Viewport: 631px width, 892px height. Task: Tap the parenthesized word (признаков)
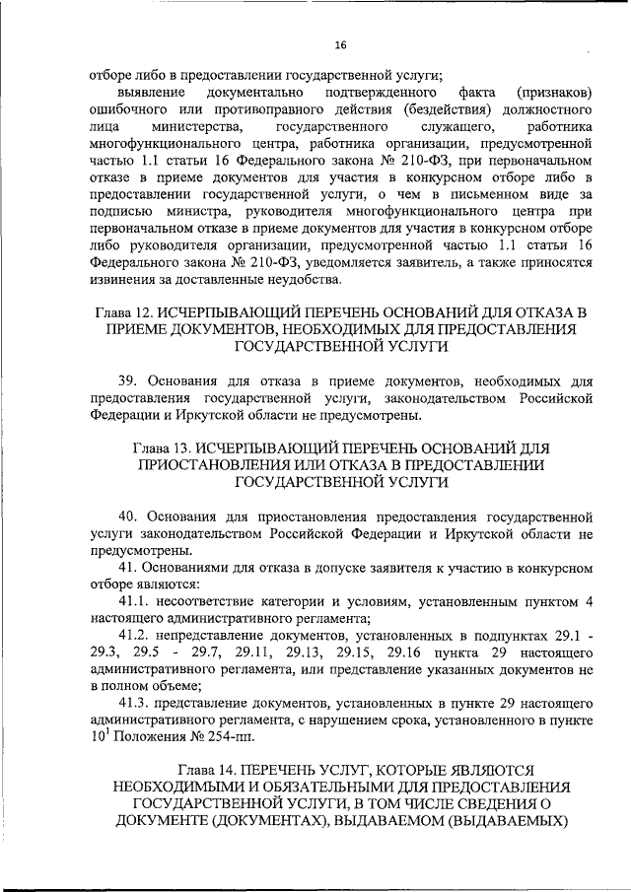[x=552, y=92]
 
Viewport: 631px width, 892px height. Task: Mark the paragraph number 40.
[x=128, y=515]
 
